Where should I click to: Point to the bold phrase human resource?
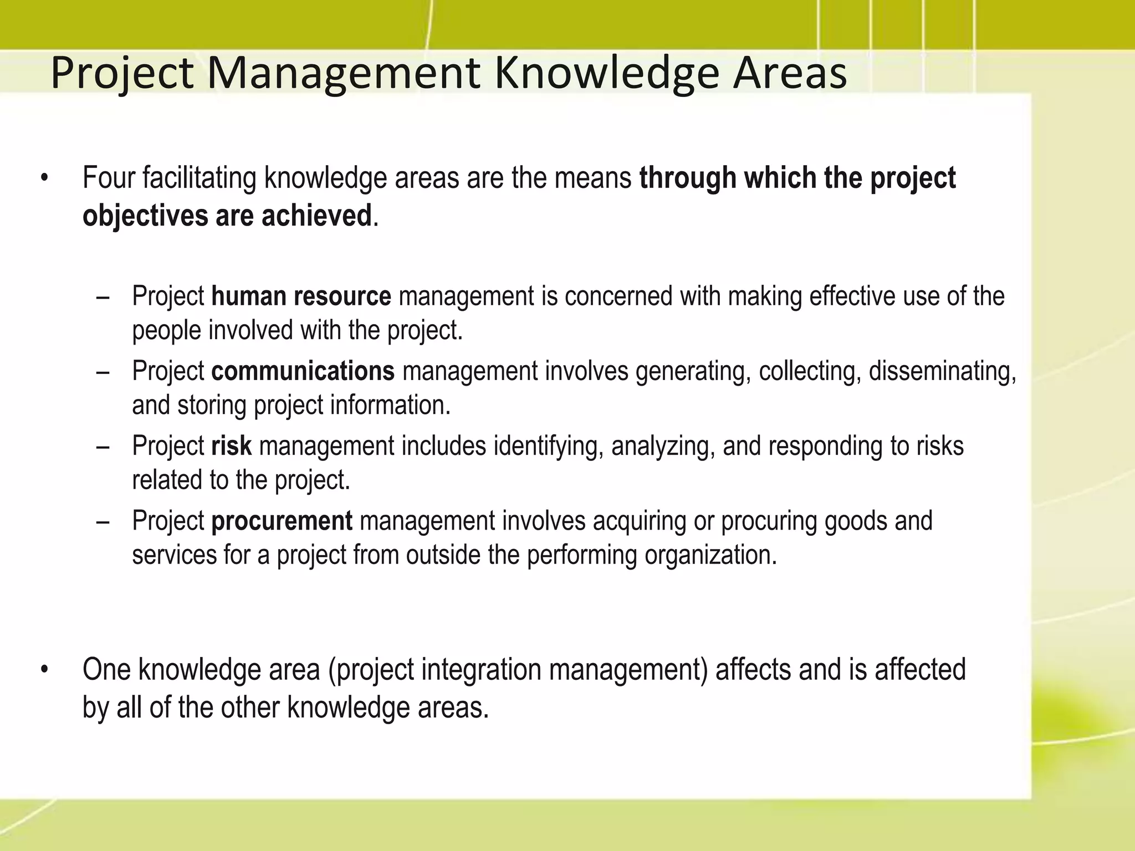[x=301, y=296]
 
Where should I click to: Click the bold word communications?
[x=303, y=371]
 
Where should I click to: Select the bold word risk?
[x=231, y=446]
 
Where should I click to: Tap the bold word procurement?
[x=282, y=521]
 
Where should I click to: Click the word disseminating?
[x=942, y=371]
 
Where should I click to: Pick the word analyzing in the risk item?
[x=658, y=446]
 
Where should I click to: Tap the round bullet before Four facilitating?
[x=45, y=179]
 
